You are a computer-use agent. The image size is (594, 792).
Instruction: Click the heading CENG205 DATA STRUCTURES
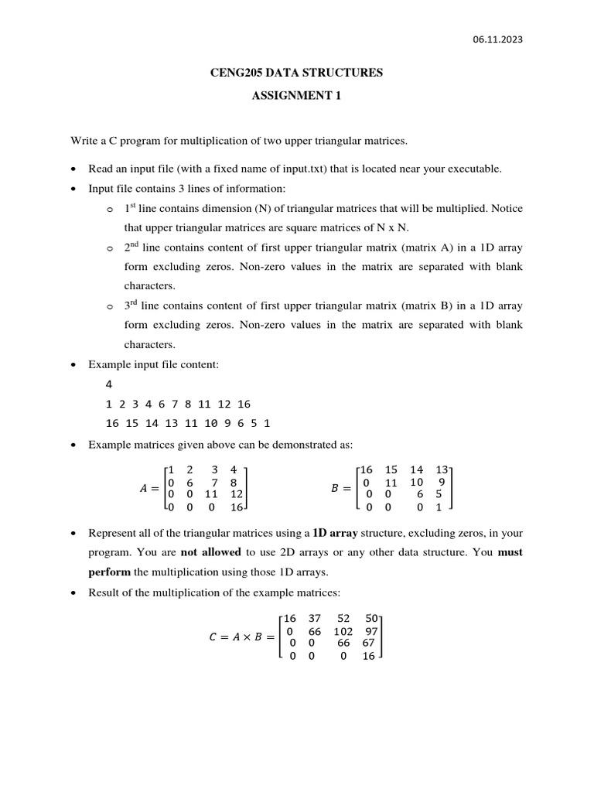tap(297, 73)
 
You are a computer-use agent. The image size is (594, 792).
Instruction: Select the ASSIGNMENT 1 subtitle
tap(297, 97)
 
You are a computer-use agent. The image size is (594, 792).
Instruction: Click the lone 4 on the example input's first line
tap(108, 384)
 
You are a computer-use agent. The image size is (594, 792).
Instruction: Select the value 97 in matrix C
tap(371, 630)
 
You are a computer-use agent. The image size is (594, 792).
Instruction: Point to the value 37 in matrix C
tap(314, 618)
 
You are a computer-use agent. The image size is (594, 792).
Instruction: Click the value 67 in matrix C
tap(369, 643)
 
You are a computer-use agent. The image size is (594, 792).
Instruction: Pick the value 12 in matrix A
tap(237, 494)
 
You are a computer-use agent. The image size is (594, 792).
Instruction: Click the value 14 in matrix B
tap(416, 469)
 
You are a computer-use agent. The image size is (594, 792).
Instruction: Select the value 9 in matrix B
tap(439, 482)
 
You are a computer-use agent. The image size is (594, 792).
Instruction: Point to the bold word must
tap(510, 554)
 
